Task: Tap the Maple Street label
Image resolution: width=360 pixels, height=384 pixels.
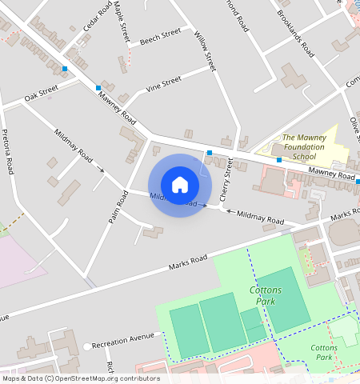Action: [122, 22]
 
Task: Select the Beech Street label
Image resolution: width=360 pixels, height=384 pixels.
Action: [160, 37]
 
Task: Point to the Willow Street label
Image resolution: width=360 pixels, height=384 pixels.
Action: [206, 51]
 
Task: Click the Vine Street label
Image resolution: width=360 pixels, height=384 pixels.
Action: [162, 83]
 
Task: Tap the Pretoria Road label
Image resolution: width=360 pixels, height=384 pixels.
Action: [8, 152]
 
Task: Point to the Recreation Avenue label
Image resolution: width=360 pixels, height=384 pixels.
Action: [122, 341]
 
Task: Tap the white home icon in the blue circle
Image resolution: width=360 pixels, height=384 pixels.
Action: [180, 185]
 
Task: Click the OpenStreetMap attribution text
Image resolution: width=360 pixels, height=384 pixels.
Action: [80, 378]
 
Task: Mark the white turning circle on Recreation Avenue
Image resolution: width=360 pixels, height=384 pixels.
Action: [86, 346]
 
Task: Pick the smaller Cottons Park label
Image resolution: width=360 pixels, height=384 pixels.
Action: [324, 352]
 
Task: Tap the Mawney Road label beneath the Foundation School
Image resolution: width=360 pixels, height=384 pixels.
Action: [331, 173]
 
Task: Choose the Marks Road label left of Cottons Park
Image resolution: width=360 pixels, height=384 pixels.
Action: [188, 262]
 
